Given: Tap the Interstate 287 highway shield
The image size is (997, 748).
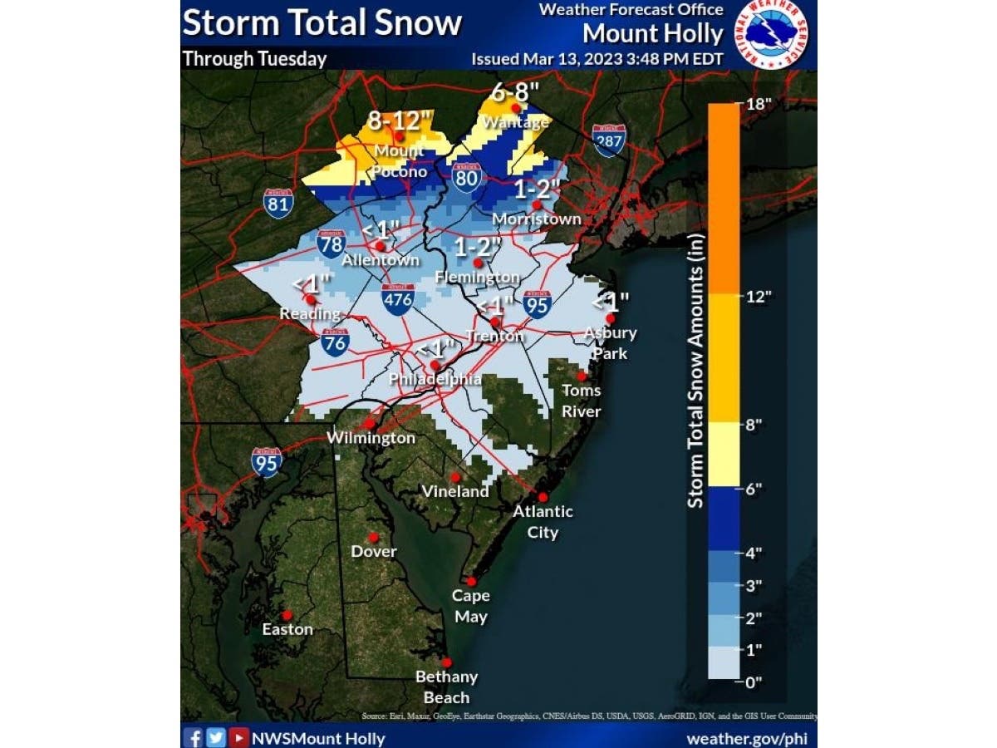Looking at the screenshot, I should (609, 141).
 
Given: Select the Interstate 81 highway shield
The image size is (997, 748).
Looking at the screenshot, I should (278, 203).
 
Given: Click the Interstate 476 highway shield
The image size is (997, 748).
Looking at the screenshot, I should (398, 299).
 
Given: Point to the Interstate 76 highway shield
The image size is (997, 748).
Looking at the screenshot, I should (336, 342).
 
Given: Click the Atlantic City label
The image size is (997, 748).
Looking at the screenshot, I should (543, 521).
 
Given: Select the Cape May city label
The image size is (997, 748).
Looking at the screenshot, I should (470, 606).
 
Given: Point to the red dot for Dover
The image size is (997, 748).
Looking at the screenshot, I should (374, 537).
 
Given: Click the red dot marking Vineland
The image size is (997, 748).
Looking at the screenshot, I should (455, 477).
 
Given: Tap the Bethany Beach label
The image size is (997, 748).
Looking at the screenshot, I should (447, 686).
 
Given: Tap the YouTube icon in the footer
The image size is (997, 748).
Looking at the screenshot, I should (238, 737).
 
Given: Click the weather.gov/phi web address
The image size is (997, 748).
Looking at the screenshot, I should (745, 738).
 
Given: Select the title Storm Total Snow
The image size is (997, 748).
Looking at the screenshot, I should (322, 22).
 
